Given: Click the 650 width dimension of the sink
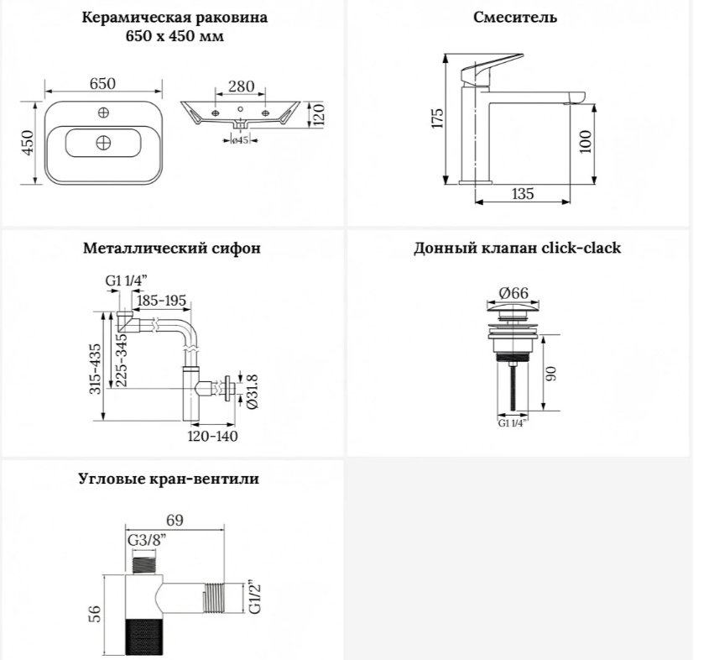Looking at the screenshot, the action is pyautogui.click(x=102, y=84).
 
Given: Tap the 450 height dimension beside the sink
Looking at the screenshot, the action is pyautogui.click(x=28, y=143).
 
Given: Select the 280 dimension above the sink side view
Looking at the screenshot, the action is pyautogui.click(x=241, y=86).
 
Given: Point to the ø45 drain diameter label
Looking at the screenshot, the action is pyautogui.click(x=240, y=140).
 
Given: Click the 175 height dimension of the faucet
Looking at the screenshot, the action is pyautogui.click(x=437, y=118).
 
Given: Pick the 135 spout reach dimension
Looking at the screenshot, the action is pyautogui.click(x=522, y=194).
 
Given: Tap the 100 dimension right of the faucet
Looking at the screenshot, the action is pyautogui.click(x=585, y=141).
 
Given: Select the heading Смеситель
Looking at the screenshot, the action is pyautogui.click(x=515, y=17).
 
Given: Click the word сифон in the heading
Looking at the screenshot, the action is pyautogui.click(x=236, y=249).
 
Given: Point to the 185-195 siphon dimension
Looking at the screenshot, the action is pyautogui.click(x=161, y=301).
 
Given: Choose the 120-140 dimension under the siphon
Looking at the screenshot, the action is pyautogui.click(x=212, y=436).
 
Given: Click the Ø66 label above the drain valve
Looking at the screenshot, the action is pyautogui.click(x=514, y=293).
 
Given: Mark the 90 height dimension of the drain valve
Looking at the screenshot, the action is pyautogui.click(x=550, y=373).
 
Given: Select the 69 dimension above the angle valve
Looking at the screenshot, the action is pyautogui.click(x=175, y=521).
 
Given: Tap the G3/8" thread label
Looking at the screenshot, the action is pyautogui.click(x=147, y=540).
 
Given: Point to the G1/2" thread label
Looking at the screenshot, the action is pyautogui.click(x=255, y=598).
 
